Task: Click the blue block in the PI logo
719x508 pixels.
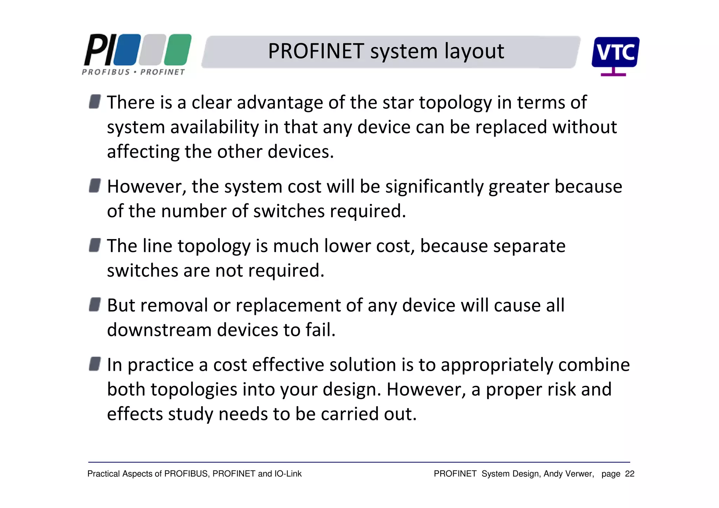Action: pyautogui.click(x=127, y=50)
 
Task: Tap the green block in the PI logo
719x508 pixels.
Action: pyautogui.click(x=178, y=50)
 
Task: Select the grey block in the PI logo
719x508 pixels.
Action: pyautogui.click(x=152, y=50)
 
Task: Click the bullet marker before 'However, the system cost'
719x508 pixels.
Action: pyautogui.click(x=95, y=185)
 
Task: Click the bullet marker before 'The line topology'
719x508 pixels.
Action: pyautogui.click(x=95, y=245)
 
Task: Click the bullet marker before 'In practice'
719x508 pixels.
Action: pyautogui.click(x=95, y=364)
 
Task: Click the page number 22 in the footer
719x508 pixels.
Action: pyautogui.click(x=629, y=474)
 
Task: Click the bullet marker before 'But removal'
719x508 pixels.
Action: pyautogui.click(x=95, y=304)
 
